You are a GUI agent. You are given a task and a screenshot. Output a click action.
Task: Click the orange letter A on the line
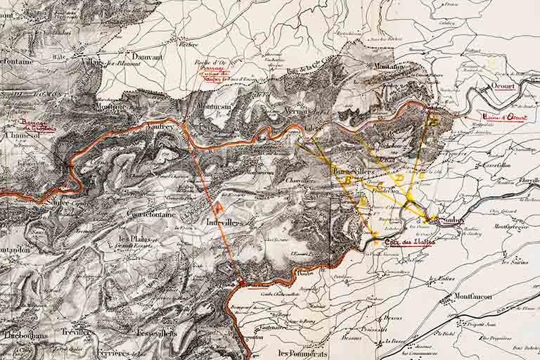point(219,207)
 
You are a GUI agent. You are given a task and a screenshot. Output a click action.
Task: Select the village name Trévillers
point(79,332)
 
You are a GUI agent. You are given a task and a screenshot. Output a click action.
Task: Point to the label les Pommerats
point(303,353)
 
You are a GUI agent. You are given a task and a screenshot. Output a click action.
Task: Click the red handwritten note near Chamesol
point(37,126)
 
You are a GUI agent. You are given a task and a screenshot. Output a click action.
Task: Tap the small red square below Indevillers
point(240,283)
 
